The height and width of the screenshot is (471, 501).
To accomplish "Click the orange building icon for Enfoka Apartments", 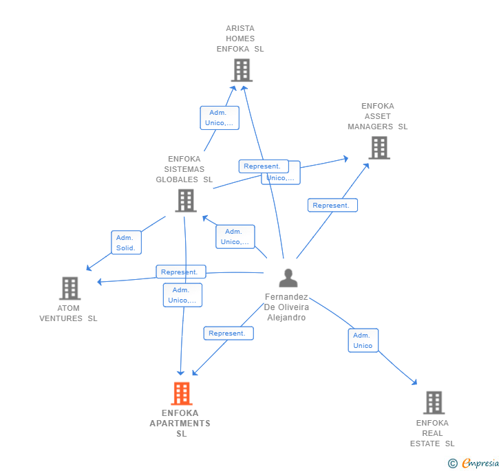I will coord(181,393).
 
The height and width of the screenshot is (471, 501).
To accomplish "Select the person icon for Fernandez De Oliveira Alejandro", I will coord(288,278).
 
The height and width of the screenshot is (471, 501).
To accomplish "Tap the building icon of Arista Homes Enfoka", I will coord(242,70).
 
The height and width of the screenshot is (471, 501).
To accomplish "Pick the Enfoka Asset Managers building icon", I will coord(379,148).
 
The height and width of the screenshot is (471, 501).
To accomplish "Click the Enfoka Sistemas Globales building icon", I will coord(185,201).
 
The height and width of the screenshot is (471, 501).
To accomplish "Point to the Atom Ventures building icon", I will coord(70,288).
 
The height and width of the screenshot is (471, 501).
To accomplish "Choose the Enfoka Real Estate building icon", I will coord(434,402).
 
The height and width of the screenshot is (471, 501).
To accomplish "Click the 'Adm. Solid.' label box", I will coord(126,243).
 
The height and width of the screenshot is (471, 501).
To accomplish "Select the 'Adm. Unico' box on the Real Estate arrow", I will coord(363,340).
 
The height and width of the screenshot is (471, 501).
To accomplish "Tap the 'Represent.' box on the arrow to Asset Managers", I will coord(332,205).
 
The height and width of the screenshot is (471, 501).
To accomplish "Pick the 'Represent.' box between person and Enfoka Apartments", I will coord(228,333).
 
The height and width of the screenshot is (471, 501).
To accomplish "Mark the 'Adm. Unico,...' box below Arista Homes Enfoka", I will coord(219,118).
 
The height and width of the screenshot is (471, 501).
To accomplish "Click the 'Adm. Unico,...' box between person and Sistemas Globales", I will coord(235,237).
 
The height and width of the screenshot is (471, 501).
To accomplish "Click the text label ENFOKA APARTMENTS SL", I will coord(181,424).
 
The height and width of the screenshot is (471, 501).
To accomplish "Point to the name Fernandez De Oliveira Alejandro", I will coord(286,307).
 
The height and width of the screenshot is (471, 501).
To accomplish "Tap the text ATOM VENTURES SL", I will coord(69,314).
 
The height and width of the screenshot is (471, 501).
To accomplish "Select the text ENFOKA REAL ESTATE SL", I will coord(432,433).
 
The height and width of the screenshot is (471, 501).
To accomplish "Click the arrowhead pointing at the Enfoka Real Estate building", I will coord(414,382).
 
